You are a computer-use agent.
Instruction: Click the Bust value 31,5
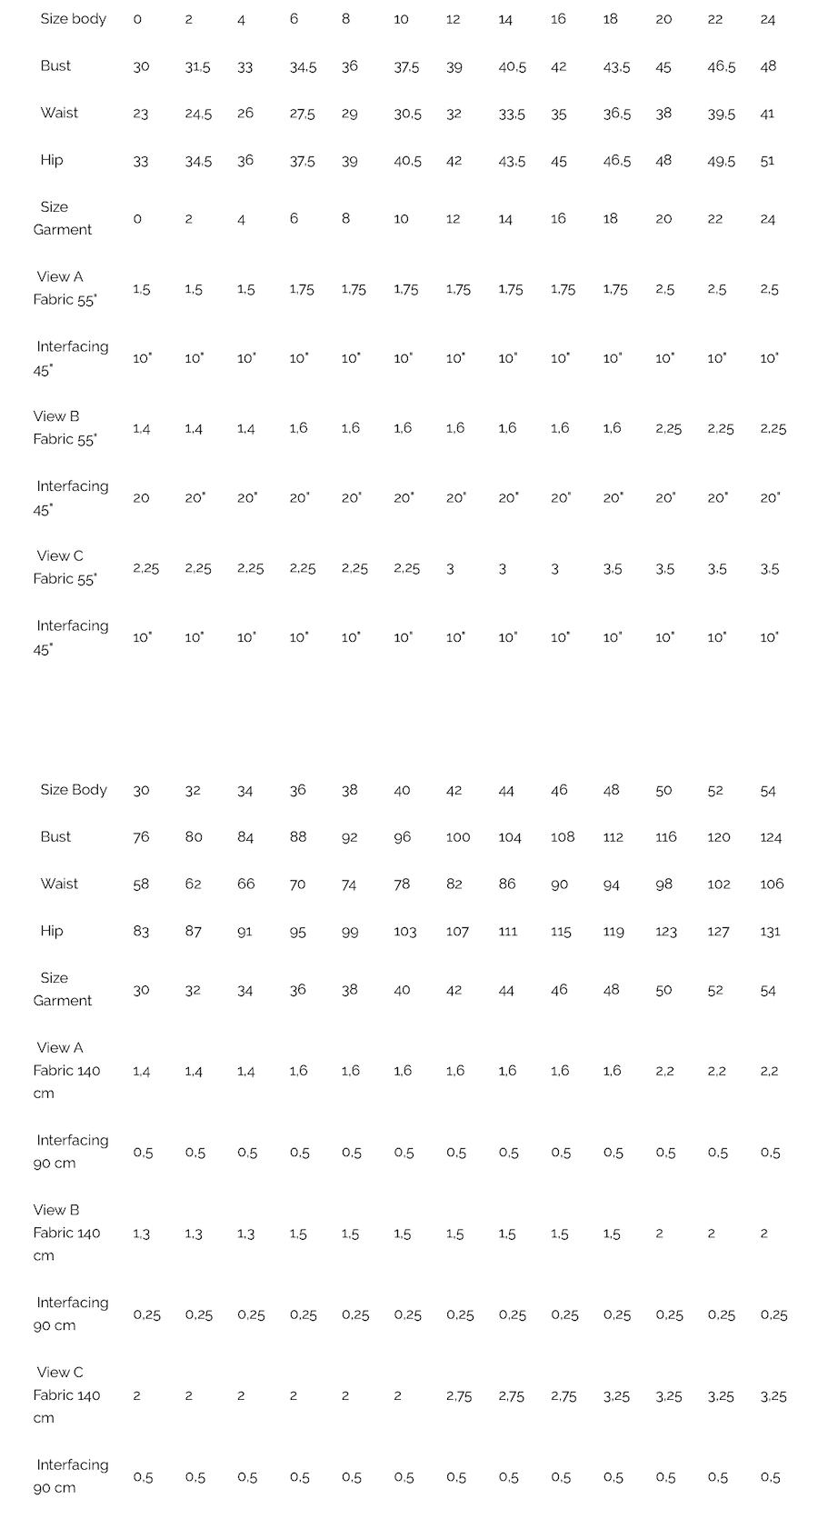pos(198,66)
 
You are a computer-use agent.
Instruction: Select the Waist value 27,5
pos(302,114)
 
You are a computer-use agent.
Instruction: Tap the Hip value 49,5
pos(721,161)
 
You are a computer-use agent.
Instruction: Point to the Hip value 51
pos(768,161)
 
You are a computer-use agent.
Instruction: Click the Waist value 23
pos(141,114)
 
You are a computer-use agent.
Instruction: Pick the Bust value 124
pos(771,837)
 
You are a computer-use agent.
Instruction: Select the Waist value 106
pos(772,884)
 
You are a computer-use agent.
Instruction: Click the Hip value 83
pos(141,931)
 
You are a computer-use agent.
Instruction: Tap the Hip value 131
pos(770,931)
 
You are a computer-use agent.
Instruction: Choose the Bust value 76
pos(141,837)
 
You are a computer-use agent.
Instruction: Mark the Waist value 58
pos(141,884)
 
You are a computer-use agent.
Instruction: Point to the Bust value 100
pos(458,837)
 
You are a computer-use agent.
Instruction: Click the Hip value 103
pos(404,931)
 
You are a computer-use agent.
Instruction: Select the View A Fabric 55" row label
pos(64,288)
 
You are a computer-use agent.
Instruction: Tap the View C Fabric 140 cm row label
pos(65,1394)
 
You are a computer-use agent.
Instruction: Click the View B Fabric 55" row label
pos(64,427)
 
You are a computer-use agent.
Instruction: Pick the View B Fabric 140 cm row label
pos(65,1233)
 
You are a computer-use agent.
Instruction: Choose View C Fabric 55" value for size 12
pos(451,569)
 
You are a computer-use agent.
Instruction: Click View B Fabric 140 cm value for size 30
pos(141,1234)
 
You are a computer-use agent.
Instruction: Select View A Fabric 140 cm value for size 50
pos(665,1071)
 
